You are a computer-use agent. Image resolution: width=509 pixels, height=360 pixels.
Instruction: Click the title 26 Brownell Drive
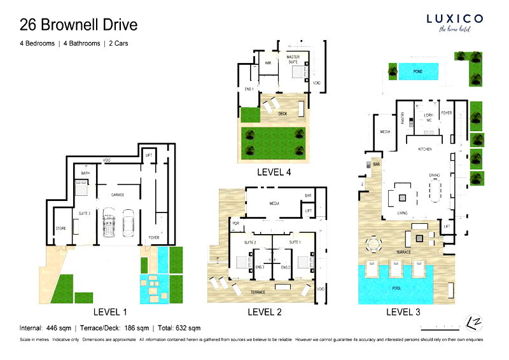point(78,25)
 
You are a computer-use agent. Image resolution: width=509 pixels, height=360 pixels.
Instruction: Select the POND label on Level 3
point(417,72)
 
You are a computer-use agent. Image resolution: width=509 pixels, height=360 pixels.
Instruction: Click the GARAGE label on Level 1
point(117,195)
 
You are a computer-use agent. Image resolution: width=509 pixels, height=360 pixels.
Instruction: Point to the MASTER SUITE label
point(293,59)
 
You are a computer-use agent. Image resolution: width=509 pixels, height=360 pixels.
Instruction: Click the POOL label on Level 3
point(396,287)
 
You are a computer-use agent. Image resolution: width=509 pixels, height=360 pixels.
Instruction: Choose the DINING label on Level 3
point(435,175)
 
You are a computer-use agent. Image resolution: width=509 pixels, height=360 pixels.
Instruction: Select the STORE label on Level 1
point(61,228)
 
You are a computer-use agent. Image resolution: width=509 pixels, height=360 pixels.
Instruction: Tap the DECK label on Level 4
point(282,113)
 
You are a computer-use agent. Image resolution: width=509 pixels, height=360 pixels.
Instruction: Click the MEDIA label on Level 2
point(274,205)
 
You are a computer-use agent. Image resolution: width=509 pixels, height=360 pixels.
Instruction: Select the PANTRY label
point(403,118)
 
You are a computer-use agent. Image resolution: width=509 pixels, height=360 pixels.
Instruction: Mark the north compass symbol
point(472,322)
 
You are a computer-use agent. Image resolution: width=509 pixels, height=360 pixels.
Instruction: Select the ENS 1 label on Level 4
point(249,89)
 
